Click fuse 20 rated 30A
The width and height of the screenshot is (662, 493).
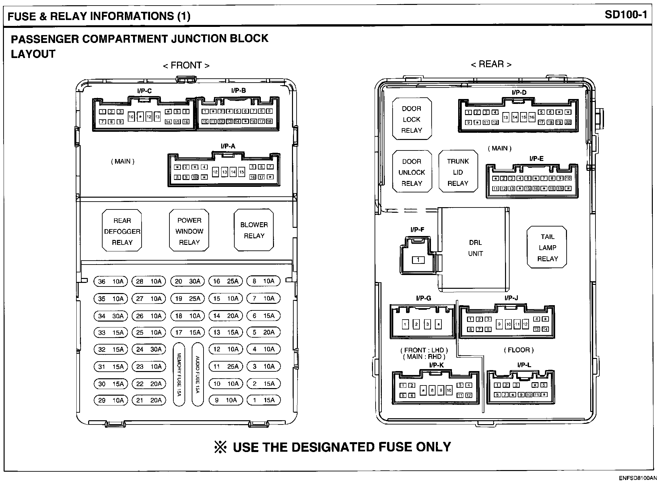pos(187,281)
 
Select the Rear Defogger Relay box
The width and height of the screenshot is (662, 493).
pos(122,231)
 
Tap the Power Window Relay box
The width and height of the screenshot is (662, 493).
pos(189,231)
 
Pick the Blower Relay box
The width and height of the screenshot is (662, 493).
pos(254,230)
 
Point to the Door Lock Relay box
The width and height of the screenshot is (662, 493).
pos(412,119)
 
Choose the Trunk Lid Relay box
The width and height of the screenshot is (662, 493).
pos(458,172)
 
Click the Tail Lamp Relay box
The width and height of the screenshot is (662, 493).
pos(547,247)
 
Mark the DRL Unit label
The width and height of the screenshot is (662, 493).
pos(475,248)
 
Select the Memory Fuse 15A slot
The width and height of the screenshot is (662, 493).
pos(179,374)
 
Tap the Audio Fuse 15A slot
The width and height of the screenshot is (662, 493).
pos(197,374)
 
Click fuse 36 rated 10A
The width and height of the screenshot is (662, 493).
pos(111,281)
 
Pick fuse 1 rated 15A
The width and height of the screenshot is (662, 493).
pos(263,400)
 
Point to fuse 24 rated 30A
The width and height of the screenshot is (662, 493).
pos(149,349)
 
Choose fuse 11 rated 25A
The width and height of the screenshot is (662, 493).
pos(226,366)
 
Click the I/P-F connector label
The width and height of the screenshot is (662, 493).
pos(417,230)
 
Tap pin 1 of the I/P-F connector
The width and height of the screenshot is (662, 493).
pos(418,260)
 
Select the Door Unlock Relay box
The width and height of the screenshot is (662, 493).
pos(412,172)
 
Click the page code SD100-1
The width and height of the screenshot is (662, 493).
pos(626,15)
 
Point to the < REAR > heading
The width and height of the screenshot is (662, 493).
pos(491,64)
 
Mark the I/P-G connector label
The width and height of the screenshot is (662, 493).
pos(423,298)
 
